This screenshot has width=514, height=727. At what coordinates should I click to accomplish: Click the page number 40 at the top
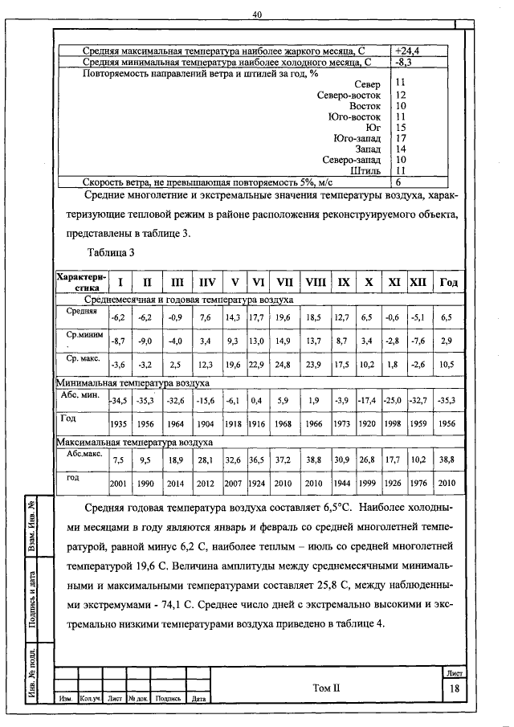click(257, 14)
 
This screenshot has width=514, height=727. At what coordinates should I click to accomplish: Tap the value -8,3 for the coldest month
click(403, 61)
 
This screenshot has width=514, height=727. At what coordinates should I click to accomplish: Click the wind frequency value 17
click(402, 138)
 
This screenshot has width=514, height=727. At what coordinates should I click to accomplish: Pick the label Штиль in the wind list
click(365, 170)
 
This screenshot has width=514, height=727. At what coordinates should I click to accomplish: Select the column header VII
click(284, 283)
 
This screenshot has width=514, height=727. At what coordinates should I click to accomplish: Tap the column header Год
click(447, 283)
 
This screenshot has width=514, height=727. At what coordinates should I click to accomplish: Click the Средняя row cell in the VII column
click(284, 317)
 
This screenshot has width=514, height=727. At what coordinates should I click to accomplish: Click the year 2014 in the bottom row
click(176, 483)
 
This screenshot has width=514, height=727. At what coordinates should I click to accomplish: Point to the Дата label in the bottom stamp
click(198, 699)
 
